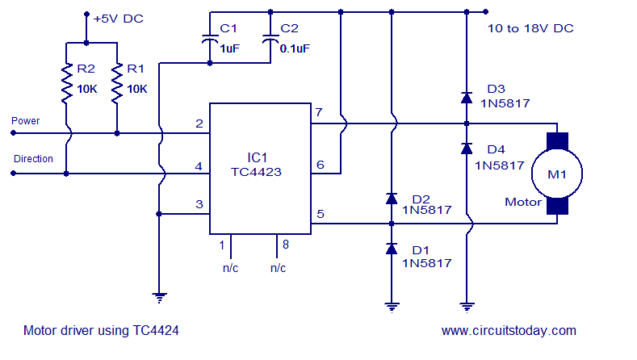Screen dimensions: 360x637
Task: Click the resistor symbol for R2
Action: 67,85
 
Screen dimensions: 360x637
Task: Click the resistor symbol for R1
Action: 117,85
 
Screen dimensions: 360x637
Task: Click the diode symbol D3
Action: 466,98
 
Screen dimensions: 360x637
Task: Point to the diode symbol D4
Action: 466,149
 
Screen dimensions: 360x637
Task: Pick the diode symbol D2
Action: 392,198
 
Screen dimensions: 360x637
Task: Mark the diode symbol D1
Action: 392,249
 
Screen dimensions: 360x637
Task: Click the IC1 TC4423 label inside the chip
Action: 261,165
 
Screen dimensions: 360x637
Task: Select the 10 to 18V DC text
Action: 530,28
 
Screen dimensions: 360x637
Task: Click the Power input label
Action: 25,121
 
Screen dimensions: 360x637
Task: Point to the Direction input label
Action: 33,159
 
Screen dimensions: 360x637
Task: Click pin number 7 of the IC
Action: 320,111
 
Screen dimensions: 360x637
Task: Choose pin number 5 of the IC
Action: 320,214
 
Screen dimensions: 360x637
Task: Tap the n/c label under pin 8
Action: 278,267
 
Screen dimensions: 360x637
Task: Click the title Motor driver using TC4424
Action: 101,330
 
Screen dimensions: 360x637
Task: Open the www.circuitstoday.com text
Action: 509,330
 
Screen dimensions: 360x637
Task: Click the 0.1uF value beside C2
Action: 294,48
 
